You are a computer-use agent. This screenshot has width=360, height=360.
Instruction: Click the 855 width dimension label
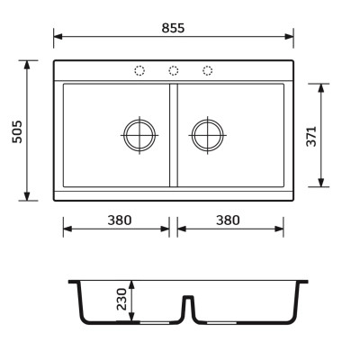pyautogui.click(x=173, y=28)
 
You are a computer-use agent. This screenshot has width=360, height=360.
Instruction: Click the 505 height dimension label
pyautogui.click(x=17, y=131)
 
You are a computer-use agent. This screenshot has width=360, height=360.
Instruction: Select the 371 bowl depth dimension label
pyautogui.click(x=311, y=137)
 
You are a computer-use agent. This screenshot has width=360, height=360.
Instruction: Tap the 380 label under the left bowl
pyautogui.click(x=120, y=220)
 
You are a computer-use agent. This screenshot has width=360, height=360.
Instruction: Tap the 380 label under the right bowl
pyautogui.click(x=228, y=220)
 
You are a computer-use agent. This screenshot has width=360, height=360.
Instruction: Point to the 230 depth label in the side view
pyautogui.click(x=121, y=299)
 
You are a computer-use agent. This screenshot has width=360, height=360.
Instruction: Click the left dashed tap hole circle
pyautogui.click(x=139, y=71)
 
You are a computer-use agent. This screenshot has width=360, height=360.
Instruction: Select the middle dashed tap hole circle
pyautogui.click(x=174, y=71)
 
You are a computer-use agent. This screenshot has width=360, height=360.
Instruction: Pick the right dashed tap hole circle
pyautogui.click(x=207, y=71)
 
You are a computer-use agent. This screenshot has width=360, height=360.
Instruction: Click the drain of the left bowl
pyautogui.click(x=139, y=135)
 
